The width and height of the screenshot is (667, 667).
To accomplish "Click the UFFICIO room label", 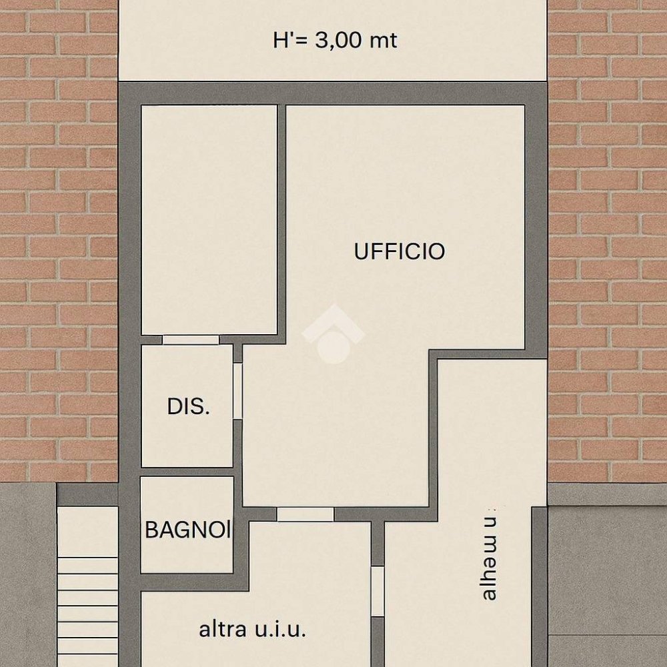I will click(x=400, y=251).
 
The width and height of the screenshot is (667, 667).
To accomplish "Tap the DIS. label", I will click(x=188, y=406).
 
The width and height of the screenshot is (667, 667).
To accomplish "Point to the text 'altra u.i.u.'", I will click(x=253, y=629).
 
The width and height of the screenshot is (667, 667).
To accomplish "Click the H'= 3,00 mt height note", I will click(x=335, y=40).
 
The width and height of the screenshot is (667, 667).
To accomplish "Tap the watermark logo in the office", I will click(x=333, y=333).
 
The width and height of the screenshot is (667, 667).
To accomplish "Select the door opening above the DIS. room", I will click(x=191, y=340).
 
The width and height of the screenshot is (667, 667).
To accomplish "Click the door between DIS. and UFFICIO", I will click(x=237, y=391).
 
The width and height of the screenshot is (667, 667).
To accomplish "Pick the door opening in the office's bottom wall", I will click(x=305, y=514).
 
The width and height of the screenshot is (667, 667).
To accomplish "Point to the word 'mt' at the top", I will click(x=383, y=40).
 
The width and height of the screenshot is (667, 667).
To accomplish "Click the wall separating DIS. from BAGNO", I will click(x=187, y=472).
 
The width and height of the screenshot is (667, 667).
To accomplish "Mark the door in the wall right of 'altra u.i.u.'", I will click(x=378, y=591).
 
